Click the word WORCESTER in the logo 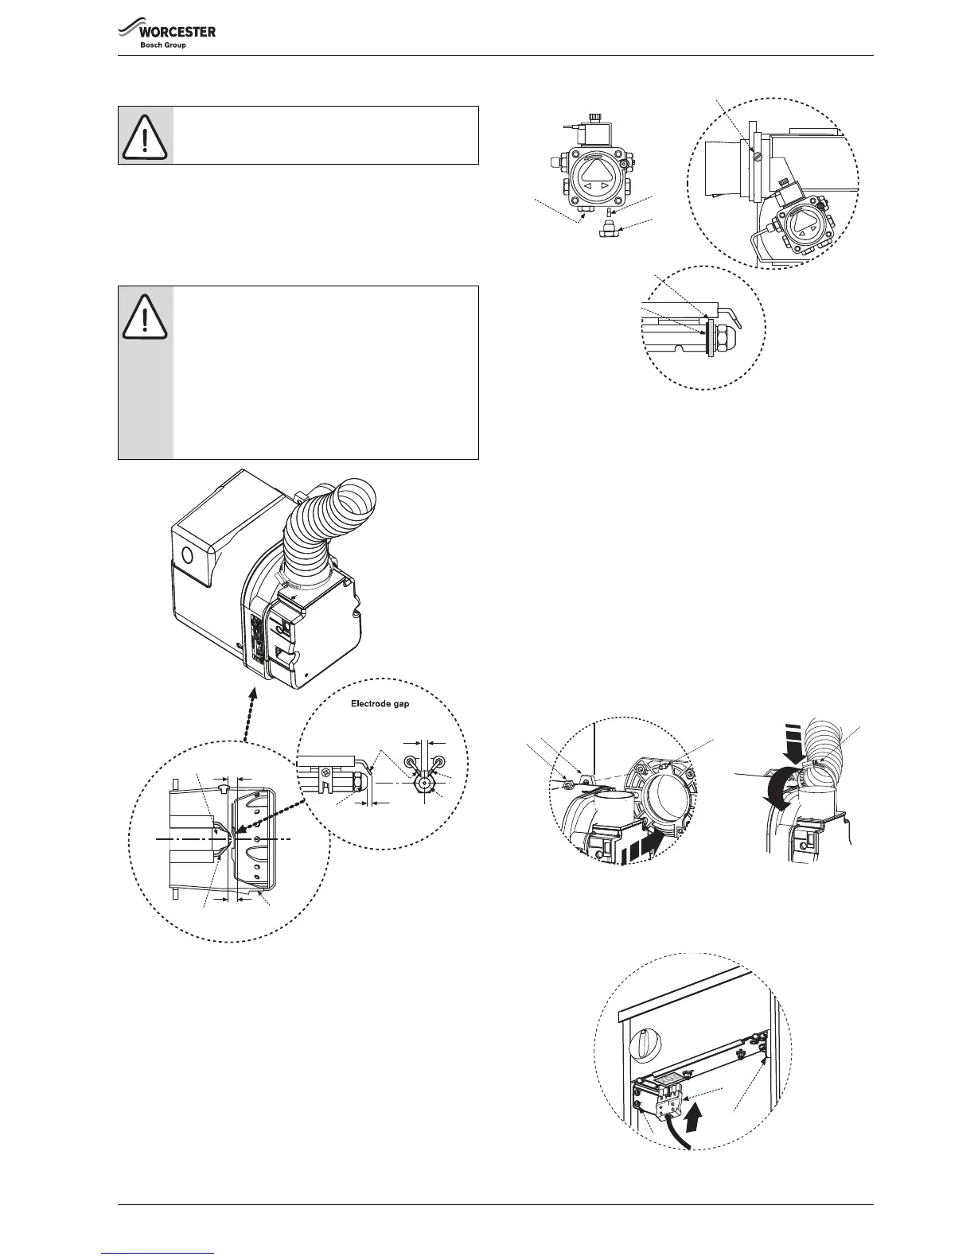pos(177,33)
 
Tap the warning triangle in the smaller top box pos(145,135)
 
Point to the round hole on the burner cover pos(188,554)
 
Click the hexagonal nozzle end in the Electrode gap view pos(427,782)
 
